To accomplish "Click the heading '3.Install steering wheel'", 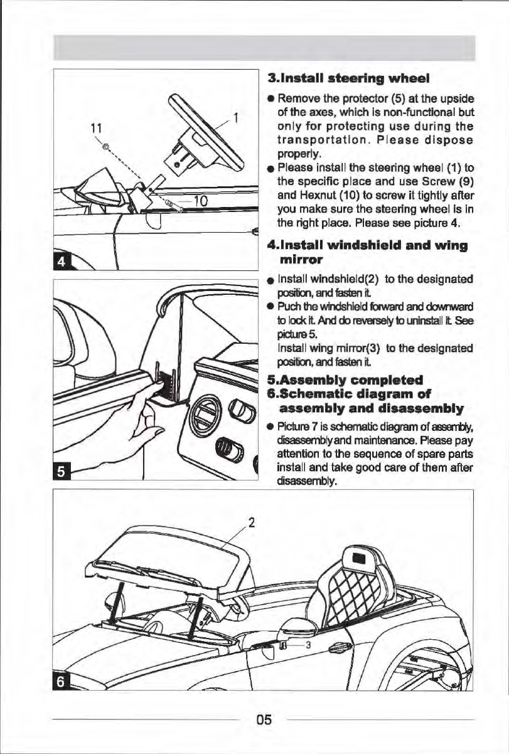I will (339, 80).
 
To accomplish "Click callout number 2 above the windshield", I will (251, 522).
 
